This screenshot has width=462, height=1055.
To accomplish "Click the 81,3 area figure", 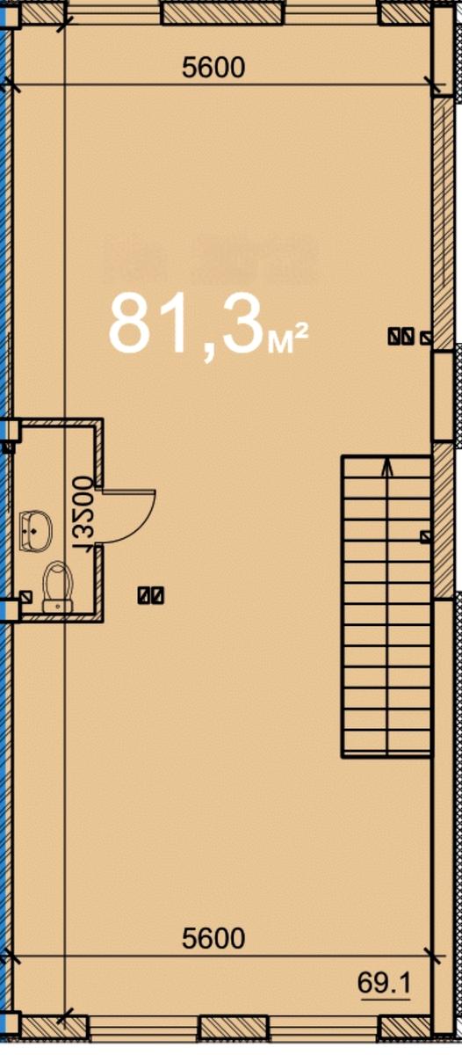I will (184, 324).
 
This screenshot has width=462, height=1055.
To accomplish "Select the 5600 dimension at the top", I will (213, 67).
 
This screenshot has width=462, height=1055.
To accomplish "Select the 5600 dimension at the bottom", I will (213, 939).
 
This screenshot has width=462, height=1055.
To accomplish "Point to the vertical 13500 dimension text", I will (83, 513).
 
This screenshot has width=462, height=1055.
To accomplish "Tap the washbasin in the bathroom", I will (35, 529).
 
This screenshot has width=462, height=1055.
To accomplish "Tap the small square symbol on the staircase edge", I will (426, 536).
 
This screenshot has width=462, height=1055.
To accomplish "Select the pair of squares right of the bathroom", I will (151, 595).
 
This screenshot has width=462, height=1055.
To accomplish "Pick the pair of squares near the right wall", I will (401, 335).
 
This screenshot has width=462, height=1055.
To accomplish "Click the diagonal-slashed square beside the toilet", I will (25, 596).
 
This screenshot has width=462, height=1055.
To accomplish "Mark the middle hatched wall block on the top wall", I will (221, 11).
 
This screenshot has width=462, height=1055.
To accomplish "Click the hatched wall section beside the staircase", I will (444, 519).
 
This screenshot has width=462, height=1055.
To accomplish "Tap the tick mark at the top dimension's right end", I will (431, 84).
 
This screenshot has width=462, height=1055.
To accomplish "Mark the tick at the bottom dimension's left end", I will (11, 955).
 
